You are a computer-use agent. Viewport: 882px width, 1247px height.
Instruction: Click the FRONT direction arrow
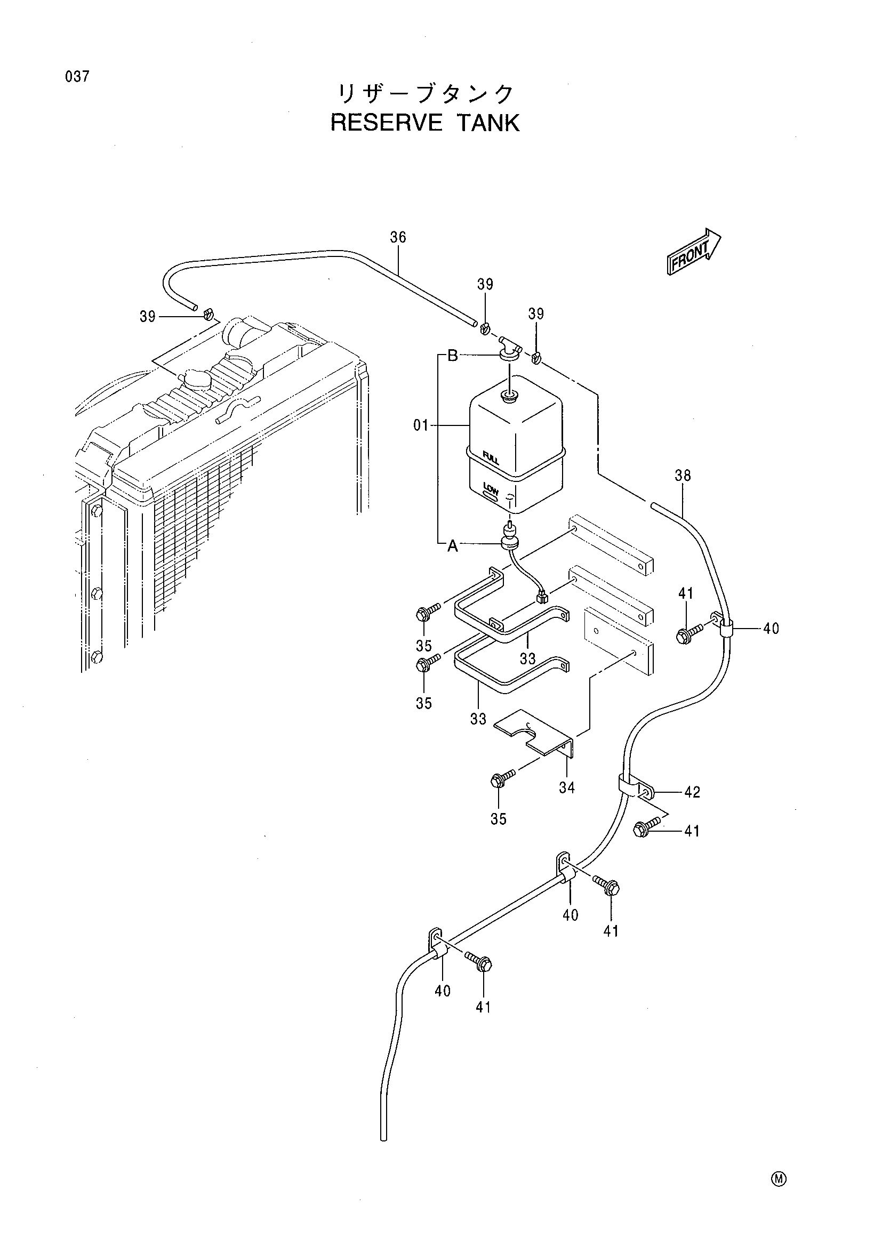[694, 252]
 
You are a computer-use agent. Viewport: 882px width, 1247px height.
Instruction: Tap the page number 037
[77, 77]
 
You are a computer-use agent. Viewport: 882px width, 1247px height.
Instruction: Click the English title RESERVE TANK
[425, 123]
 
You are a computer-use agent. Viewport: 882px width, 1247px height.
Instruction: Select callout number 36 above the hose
[398, 237]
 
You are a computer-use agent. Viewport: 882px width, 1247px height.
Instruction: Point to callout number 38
[683, 475]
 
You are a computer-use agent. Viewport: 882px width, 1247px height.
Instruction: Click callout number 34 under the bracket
[566, 787]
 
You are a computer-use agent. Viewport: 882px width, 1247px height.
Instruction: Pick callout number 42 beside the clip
[692, 792]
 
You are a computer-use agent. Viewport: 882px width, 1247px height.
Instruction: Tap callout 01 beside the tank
[421, 425]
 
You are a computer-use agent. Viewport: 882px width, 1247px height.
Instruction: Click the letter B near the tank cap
[452, 356]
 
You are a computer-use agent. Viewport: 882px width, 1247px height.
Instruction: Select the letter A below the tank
[452, 547]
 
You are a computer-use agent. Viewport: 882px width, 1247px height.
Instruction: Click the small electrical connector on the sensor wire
[541, 598]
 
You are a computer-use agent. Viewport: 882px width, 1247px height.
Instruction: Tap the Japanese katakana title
[425, 94]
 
